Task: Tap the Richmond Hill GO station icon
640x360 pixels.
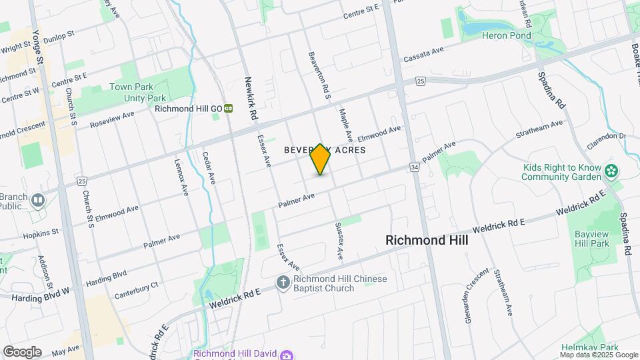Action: [228, 109]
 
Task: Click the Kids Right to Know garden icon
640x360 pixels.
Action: [610, 172]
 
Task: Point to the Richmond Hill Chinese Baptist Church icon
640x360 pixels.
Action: [283, 283]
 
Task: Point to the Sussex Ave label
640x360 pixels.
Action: [339, 241]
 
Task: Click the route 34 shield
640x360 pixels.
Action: [415, 167]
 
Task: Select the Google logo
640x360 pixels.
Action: [22, 352]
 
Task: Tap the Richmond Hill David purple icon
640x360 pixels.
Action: [286, 354]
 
